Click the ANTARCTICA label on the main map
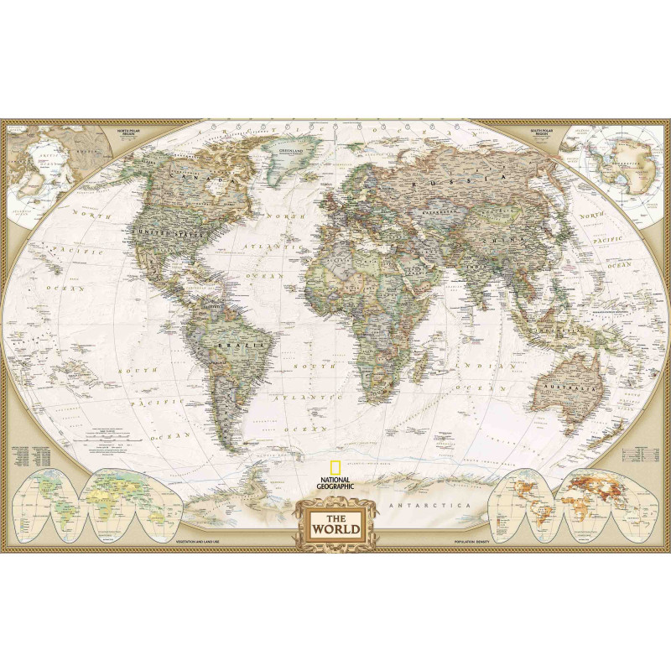428,506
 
